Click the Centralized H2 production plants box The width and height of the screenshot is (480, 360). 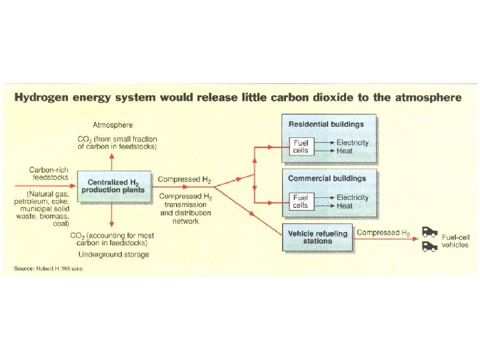point(111,186)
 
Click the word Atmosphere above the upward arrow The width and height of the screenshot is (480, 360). point(113,125)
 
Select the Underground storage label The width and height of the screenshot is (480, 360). point(113,255)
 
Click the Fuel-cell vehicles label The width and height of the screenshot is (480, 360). point(455,241)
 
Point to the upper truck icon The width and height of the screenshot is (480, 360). point(429,234)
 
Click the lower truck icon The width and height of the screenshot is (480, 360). point(429,247)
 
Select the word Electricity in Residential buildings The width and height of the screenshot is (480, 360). point(352,143)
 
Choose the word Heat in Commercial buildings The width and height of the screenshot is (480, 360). point(345,206)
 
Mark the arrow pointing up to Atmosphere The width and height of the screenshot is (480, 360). point(112,159)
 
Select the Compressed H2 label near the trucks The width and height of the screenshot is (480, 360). point(383,233)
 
